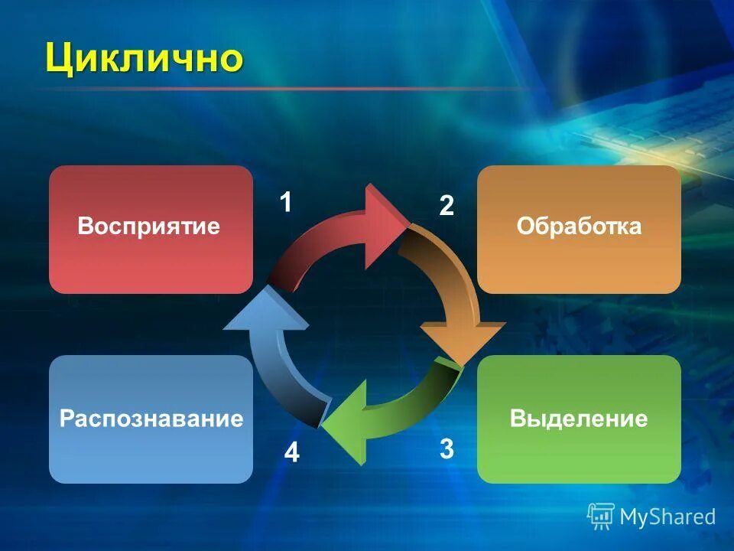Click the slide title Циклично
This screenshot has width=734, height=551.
[x=144, y=58]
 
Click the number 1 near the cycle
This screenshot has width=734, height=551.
[x=285, y=203]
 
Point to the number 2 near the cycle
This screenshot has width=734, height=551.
[x=446, y=206]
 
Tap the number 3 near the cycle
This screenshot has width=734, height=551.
[x=447, y=448]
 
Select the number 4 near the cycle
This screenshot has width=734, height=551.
[x=292, y=454]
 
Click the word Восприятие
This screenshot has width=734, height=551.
[x=149, y=227]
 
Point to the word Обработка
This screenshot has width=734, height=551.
[x=579, y=227]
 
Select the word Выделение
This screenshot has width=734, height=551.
[x=579, y=419]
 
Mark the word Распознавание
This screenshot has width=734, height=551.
[x=151, y=419]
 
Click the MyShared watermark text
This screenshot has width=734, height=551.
[x=667, y=517]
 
